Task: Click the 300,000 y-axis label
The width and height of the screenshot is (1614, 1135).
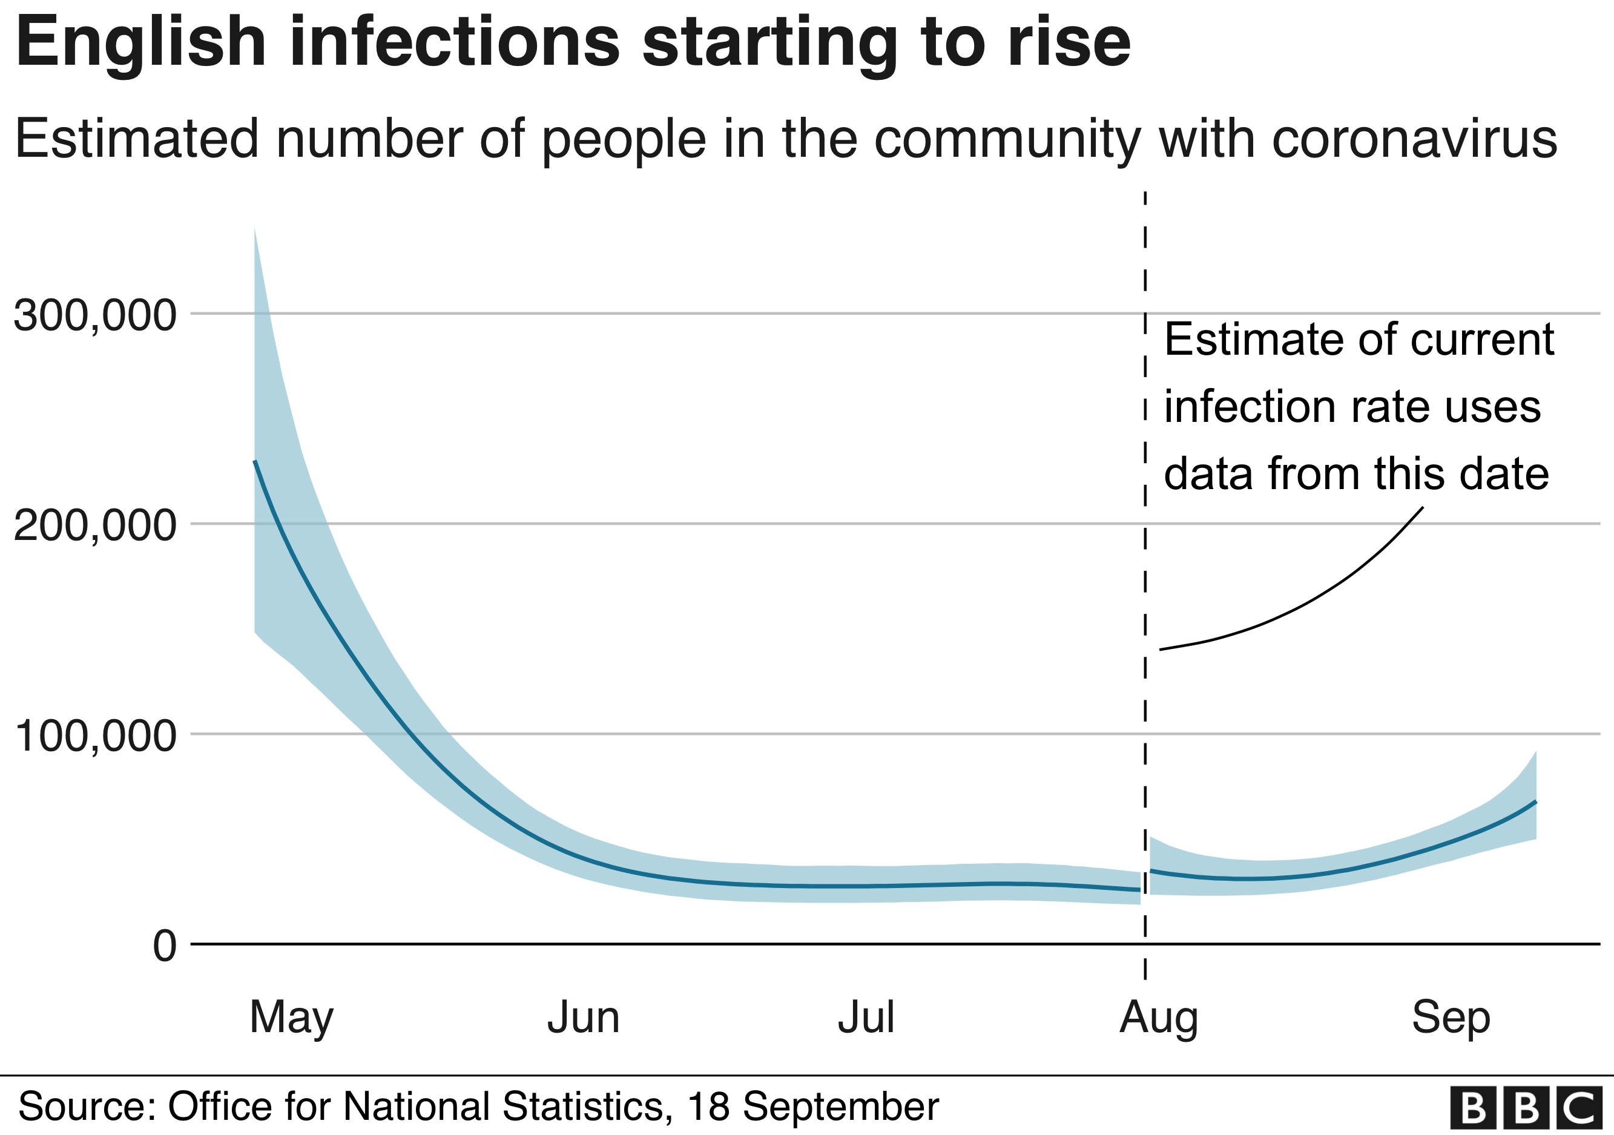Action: click(95, 315)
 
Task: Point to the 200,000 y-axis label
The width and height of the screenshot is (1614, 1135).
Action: click(95, 525)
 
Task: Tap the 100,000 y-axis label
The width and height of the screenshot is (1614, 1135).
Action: click(95, 736)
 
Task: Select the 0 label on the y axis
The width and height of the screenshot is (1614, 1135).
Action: click(165, 946)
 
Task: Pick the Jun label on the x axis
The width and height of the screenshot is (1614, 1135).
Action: click(584, 1017)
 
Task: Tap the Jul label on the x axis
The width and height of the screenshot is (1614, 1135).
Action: click(866, 1017)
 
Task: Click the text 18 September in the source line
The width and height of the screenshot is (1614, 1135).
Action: click(812, 1106)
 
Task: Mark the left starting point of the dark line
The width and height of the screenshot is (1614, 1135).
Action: click(255, 462)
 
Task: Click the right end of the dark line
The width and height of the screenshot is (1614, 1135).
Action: click(1535, 802)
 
